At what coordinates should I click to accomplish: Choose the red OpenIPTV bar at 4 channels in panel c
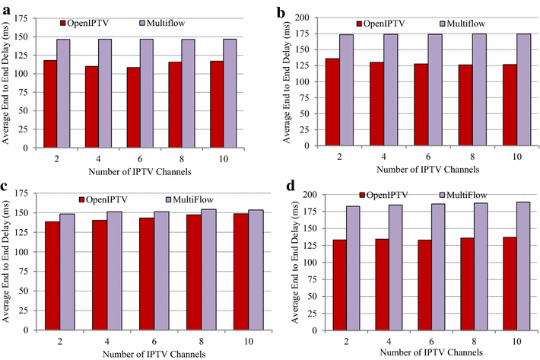click(100, 266)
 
